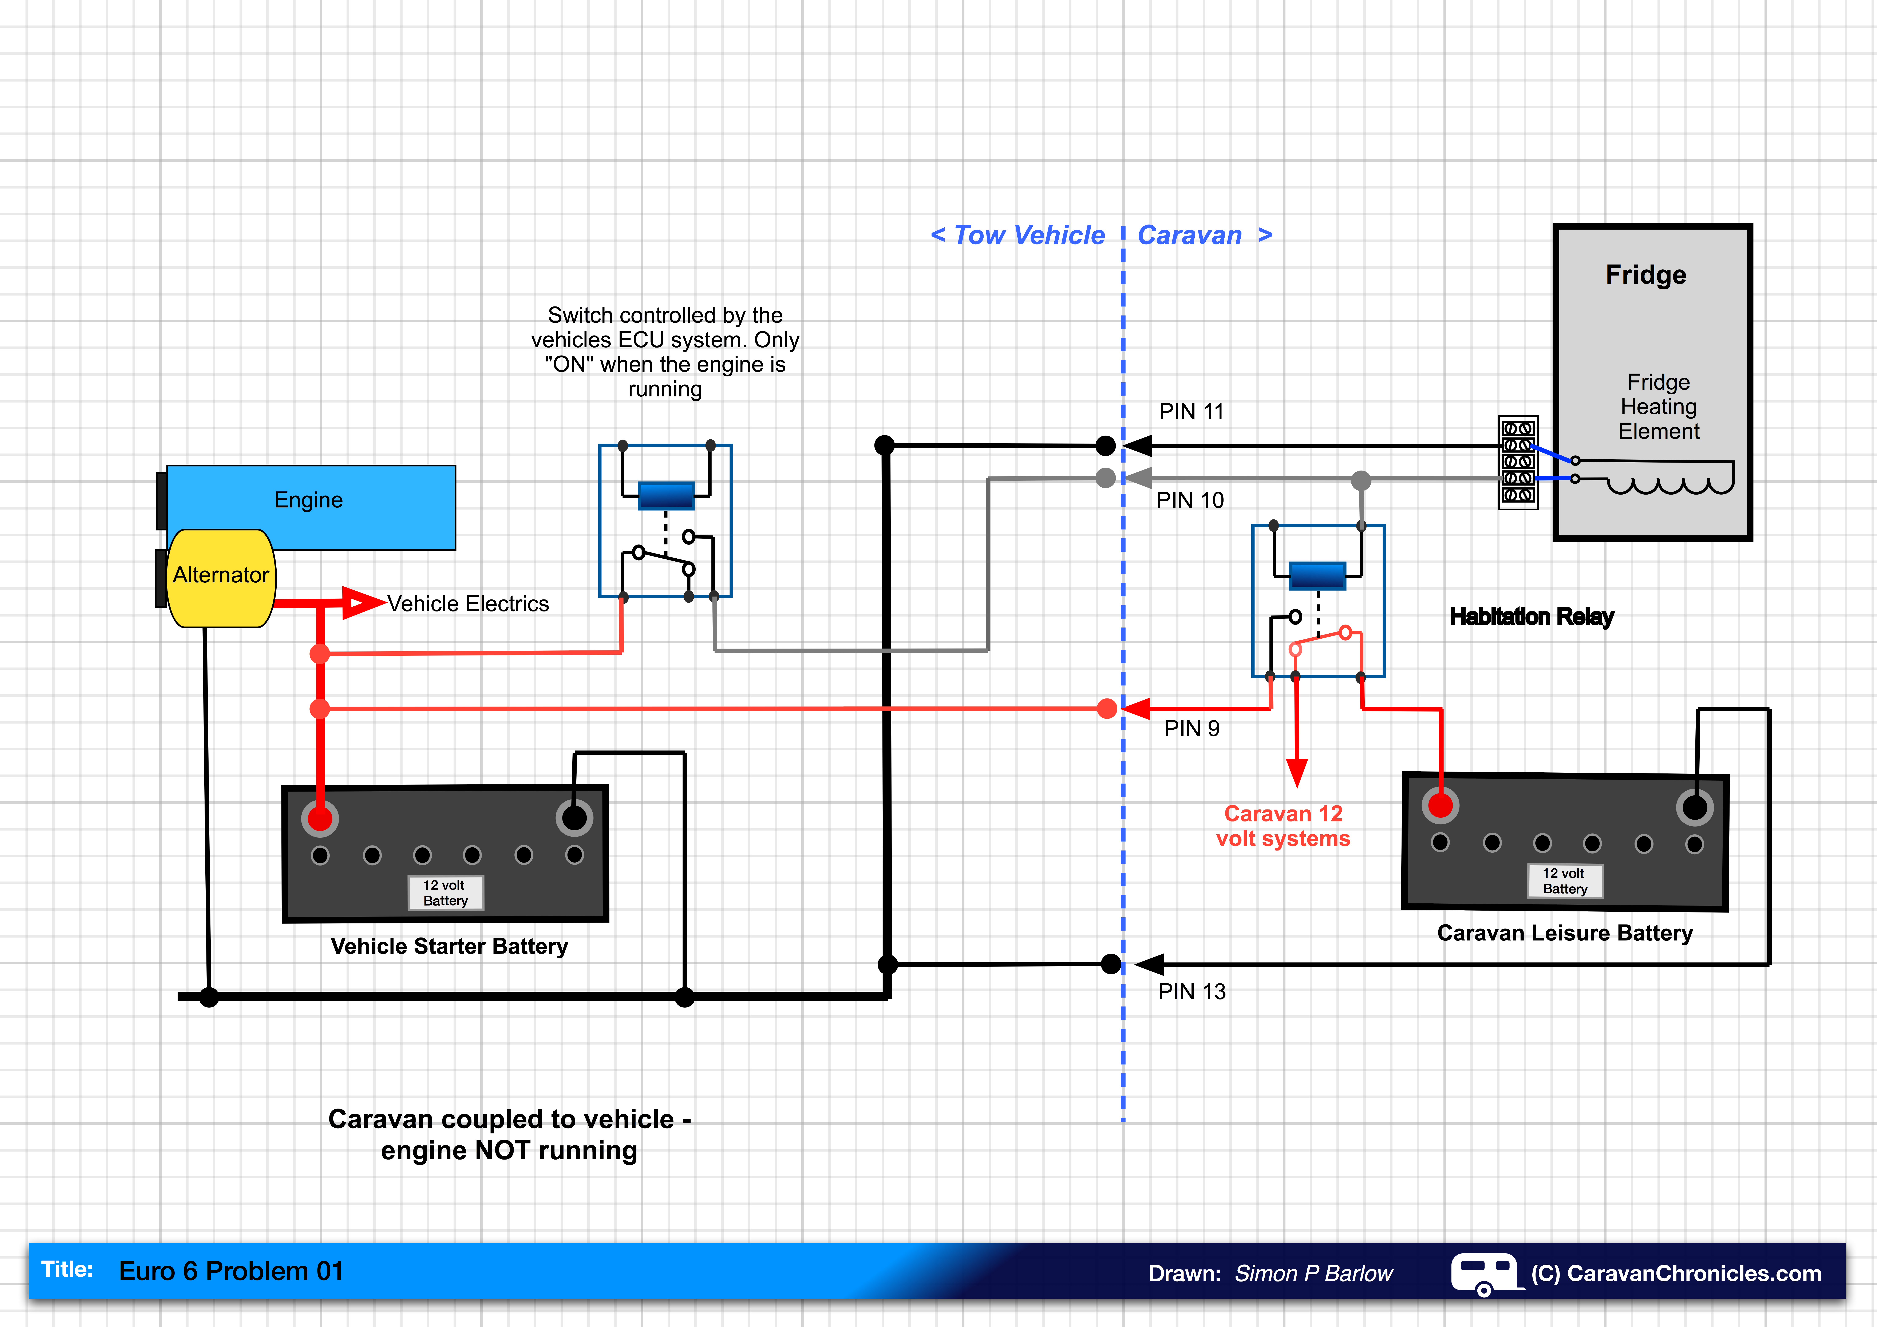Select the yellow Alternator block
(221, 577)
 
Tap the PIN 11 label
(1191, 411)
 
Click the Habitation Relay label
(1531, 617)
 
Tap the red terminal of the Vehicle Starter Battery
(320, 818)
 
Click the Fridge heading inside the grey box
(1646, 275)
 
